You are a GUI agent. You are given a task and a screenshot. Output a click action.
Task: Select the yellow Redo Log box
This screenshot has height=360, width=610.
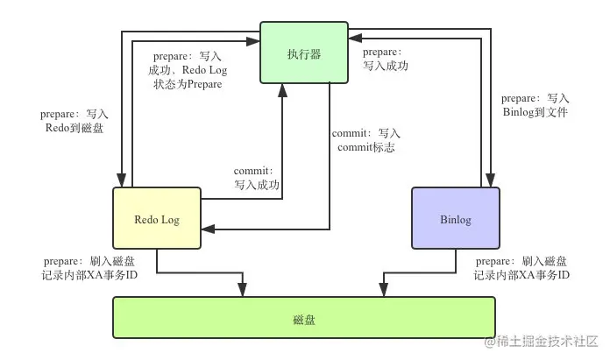[158, 219]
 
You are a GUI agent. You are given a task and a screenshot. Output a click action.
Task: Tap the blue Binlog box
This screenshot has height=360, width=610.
[456, 219]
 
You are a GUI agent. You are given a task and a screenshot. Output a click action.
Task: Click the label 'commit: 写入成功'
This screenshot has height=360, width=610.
[256, 178]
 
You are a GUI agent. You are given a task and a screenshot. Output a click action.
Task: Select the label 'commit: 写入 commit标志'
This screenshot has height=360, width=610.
[366, 140]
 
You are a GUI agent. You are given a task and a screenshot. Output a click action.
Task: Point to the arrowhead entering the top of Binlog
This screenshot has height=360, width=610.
[493, 181]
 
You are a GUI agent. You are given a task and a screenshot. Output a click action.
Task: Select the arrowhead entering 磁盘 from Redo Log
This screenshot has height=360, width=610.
[245, 291]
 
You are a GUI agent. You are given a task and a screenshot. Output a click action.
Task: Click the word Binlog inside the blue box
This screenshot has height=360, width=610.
[456, 220]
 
